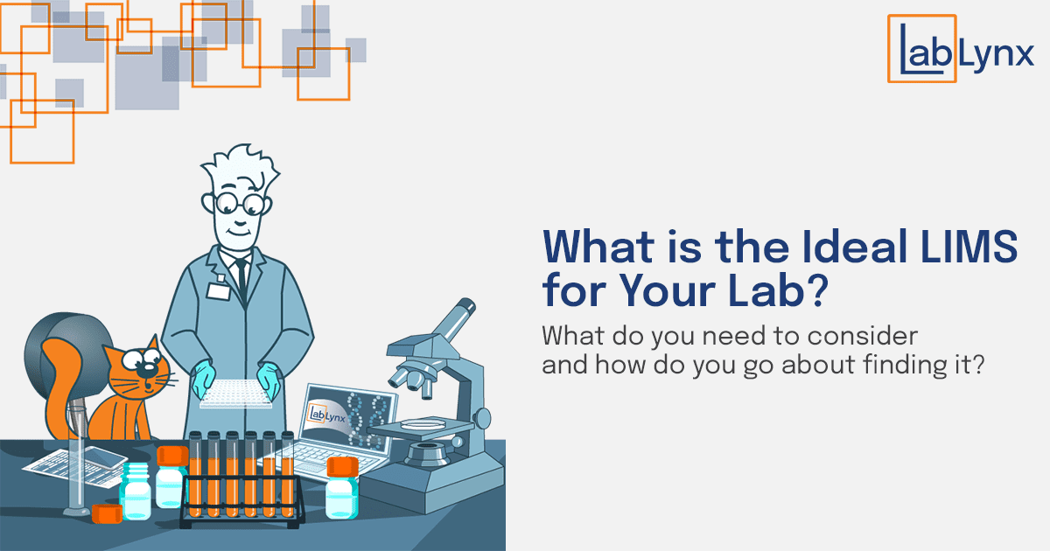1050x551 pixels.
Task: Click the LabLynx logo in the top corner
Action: (960, 49)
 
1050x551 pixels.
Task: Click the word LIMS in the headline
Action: (968, 247)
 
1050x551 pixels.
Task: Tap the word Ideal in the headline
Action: (855, 247)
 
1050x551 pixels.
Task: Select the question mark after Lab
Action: (816, 290)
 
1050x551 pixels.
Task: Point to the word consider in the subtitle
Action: (862, 336)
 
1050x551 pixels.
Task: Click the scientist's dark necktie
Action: (241, 279)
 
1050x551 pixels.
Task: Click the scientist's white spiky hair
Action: (241, 170)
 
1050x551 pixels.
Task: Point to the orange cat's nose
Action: (148, 371)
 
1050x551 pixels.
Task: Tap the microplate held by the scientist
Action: (235, 394)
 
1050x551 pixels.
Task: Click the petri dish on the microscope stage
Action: (423, 424)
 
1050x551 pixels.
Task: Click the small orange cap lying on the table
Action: (107, 514)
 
